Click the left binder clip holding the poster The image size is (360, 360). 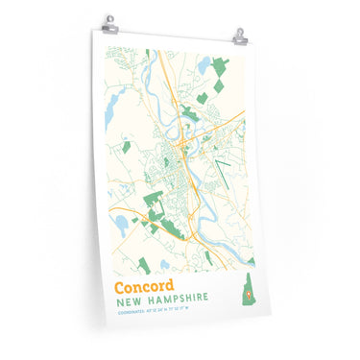click(109, 23)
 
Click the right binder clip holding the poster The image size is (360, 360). click(240, 36)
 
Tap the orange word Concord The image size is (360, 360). click(144, 286)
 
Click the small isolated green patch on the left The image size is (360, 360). click(126, 147)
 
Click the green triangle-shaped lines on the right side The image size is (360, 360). click(224, 173)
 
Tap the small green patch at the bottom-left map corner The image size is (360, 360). click(144, 264)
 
